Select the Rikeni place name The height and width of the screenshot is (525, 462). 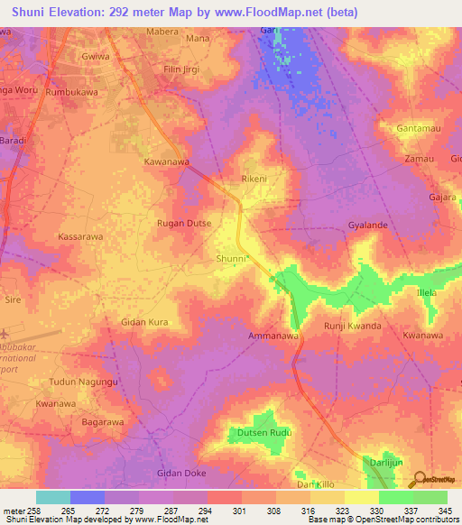coord(254,179)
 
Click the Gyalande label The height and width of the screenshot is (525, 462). coord(367,225)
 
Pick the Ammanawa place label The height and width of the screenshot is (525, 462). coord(273,336)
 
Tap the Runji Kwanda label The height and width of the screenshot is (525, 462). coord(352,326)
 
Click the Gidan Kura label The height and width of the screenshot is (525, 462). coord(145,321)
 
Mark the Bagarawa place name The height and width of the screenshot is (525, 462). coord(102,421)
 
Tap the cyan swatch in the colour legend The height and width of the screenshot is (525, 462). coord(53,497)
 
